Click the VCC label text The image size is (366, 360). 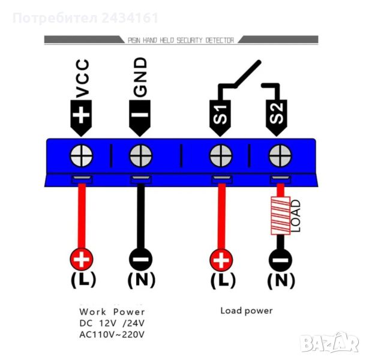click(x=83, y=77)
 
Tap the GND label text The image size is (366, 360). click(x=140, y=77)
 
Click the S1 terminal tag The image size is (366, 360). click(x=220, y=114)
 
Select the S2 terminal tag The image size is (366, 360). click(x=277, y=114)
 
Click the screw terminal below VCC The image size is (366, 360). click(x=82, y=157)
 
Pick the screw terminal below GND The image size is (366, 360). click(x=140, y=157)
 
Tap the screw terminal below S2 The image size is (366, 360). click(x=278, y=157)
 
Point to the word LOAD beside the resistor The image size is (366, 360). click(x=295, y=216)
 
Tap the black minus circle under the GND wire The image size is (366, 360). click(x=140, y=260)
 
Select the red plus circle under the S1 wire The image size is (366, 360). click(x=221, y=260)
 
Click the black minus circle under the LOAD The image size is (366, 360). click(x=280, y=260)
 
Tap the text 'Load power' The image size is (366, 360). click(x=246, y=311)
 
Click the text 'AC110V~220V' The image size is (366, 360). click(x=112, y=334)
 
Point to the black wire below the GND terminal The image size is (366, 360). click(x=140, y=216)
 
